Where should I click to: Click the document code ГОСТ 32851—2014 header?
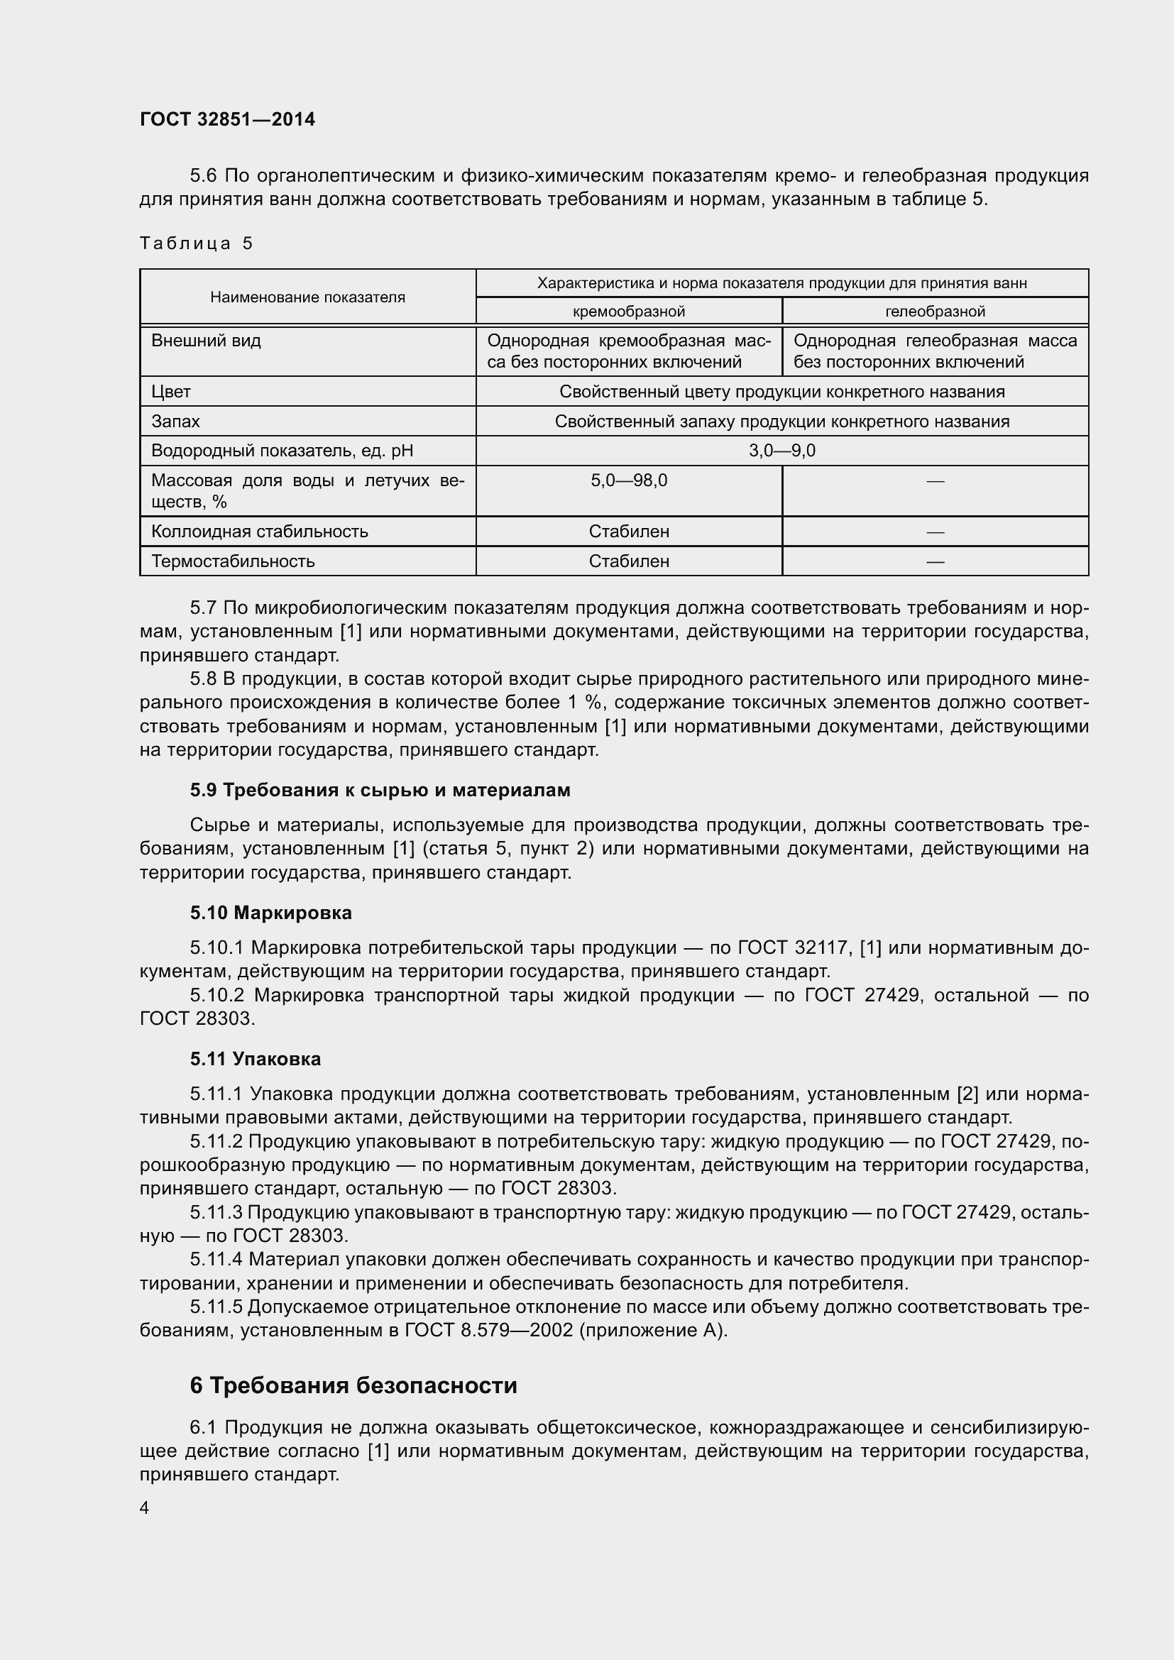(x=228, y=119)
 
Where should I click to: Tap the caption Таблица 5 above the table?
(x=196, y=243)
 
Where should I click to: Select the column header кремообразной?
(x=628, y=312)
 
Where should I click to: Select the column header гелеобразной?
(x=935, y=312)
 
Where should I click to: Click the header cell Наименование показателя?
(x=307, y=297)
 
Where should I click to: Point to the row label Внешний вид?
(x=206, y=341)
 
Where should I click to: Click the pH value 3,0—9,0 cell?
(x=781, y=451)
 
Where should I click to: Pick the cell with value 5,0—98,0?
(x=628, y=480)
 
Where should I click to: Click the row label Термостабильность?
(x=233, y=561)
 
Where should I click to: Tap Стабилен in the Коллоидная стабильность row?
(x=628, y=532)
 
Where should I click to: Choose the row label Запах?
(x=175, y=422)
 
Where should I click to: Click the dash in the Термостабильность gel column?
(x=935, y=561)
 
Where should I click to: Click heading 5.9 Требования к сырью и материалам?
(x=380, y=790)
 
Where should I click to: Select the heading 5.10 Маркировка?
(x=271, y=913)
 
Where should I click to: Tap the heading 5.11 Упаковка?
(x=256, y=1058)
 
